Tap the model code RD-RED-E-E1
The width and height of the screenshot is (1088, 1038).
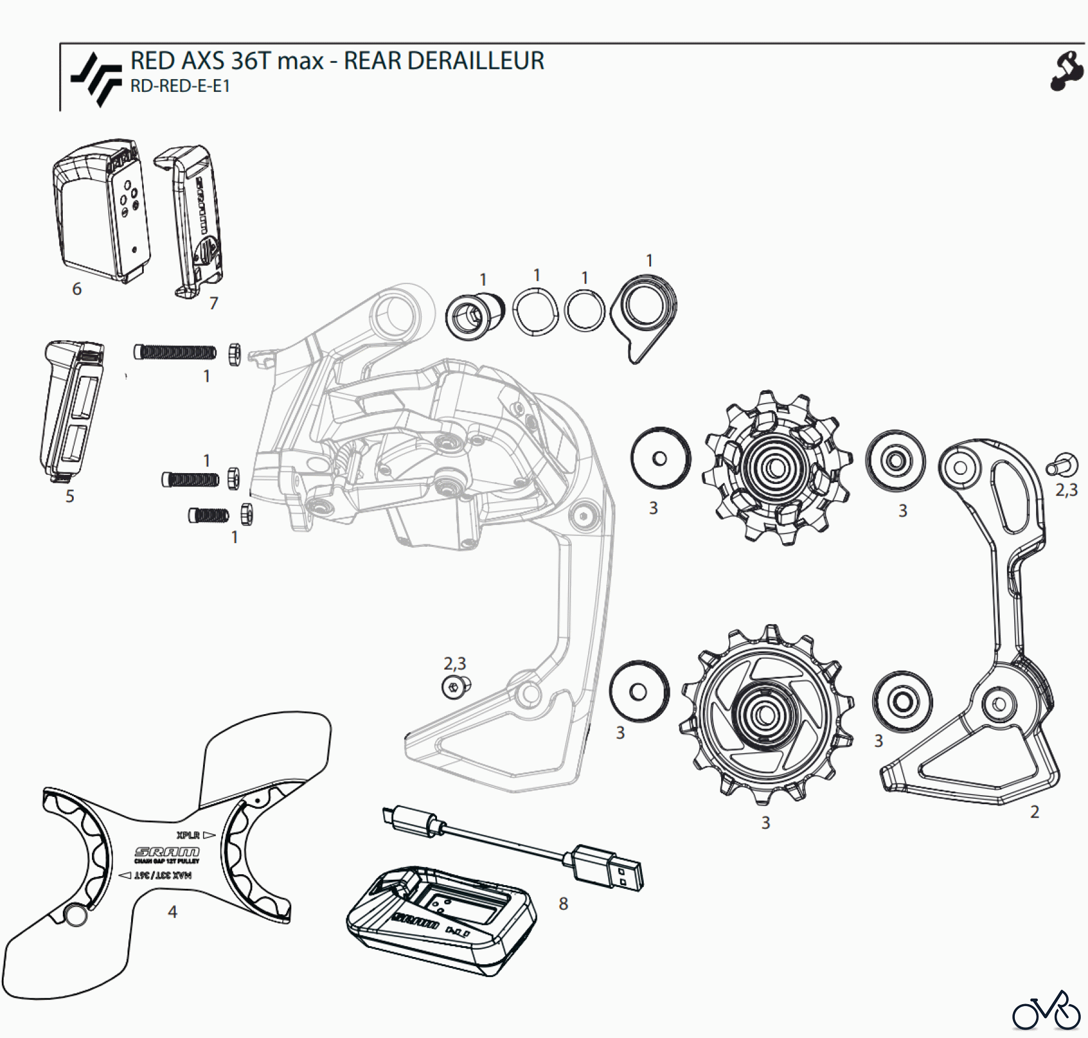tap(180, 86)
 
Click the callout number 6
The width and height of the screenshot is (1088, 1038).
tap(77, 289)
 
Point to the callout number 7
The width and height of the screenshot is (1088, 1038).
tap(213, 303)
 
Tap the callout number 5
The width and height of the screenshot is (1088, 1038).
tap(70, 496)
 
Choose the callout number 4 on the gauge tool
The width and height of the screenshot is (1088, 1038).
tap(172, 911)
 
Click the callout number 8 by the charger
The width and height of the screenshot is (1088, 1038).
tap(563, 903)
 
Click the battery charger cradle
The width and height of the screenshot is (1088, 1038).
tap(441, 918)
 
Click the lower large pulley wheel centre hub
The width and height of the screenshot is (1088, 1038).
tap(765, 715)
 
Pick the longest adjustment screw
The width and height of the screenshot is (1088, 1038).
tap(175, 352)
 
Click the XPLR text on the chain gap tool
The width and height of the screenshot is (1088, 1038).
tap(188, 835)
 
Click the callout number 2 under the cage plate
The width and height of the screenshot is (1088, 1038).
tap(1034, 811)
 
